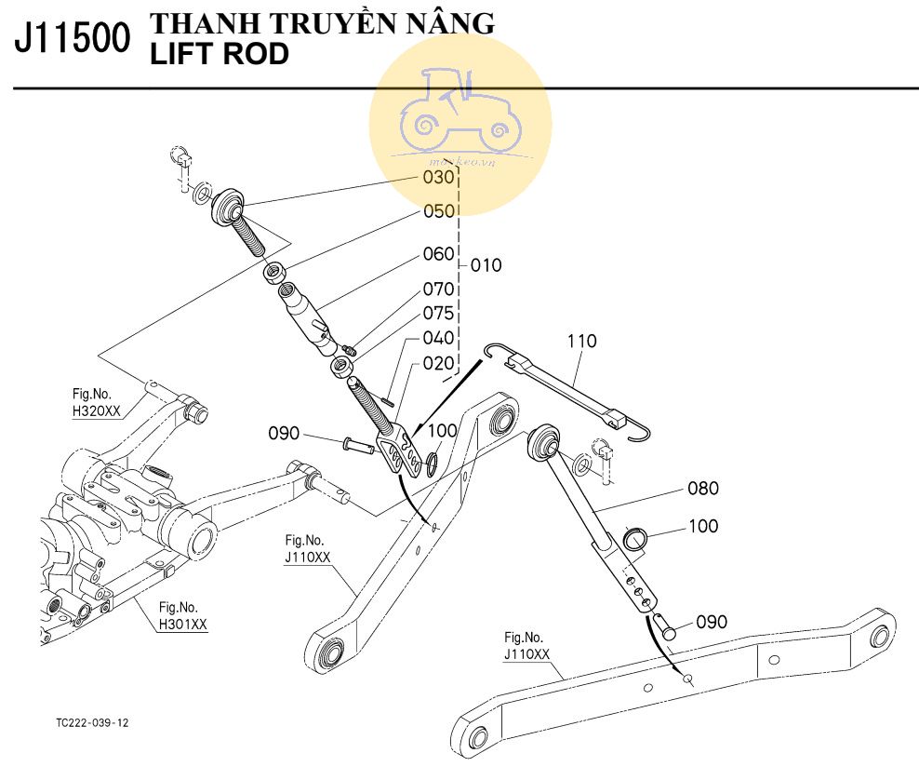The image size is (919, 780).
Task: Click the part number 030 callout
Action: [438, 177]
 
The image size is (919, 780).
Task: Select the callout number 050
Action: [439, 212]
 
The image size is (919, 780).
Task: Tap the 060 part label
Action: [439, 254]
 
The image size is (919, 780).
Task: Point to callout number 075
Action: [439, 313]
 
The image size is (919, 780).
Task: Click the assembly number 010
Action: [486, 265]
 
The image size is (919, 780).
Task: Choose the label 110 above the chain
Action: [581, 342]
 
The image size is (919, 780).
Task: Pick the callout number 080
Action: [703, 488]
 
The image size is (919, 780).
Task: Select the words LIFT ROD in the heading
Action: [220, 55]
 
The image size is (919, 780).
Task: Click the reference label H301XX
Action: [182, 624]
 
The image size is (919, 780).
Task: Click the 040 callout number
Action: [439, 338]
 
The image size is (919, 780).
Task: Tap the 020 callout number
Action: [439, 363]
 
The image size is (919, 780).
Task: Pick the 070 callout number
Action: [439, 289]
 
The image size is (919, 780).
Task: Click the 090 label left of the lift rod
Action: [285, 433]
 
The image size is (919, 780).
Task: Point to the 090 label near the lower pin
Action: [712, 622]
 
